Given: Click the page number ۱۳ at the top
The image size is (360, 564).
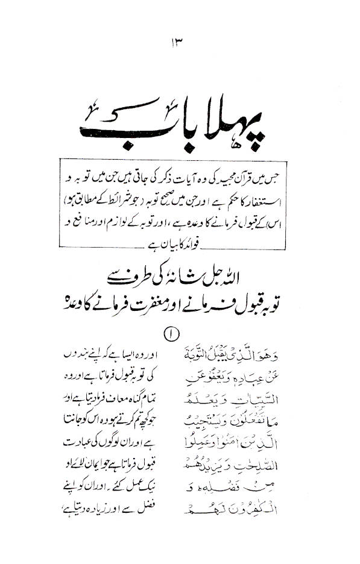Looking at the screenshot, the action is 179,43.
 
